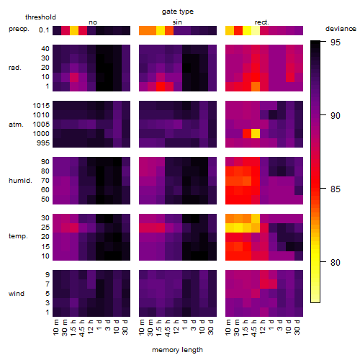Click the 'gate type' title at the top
point(178,12)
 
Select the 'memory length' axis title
point(177,350)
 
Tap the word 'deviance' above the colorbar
point(341,29)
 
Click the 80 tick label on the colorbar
point(336,262)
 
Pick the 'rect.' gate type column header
point(262,22)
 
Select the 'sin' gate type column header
point(177,22)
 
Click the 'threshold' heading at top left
point(40,17)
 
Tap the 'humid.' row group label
point(20,181)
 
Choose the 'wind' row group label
point(17,294)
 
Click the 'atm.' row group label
point(16,125)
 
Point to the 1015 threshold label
point(41,105)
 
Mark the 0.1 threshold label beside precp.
point(44,30)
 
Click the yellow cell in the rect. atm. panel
point(256,134)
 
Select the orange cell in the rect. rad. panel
point(256,86)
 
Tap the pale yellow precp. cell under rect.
point(256,30)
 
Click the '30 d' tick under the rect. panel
point(297,327)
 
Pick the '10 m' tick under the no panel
point(55,327)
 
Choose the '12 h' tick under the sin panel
point(176,327)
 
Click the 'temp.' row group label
point(18,236)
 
